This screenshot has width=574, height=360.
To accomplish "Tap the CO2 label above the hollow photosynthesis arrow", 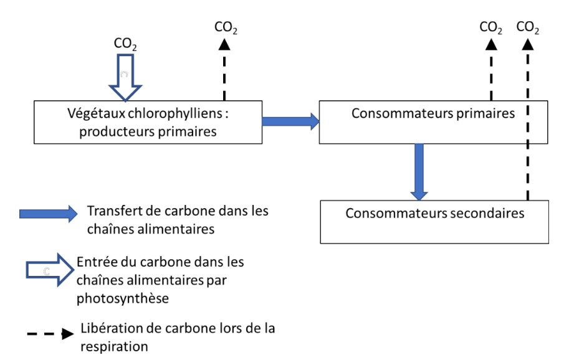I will (125, 44).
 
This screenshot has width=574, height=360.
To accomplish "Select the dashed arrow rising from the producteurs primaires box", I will (224, 72).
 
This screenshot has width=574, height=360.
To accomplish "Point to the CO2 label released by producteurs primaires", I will (226, 28).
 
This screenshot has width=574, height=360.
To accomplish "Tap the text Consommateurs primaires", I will (433, 114).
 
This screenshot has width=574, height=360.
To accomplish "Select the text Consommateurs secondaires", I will (434, 214).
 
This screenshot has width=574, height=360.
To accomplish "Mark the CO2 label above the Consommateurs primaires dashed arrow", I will (491, 28).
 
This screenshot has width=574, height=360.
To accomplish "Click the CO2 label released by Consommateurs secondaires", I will (528, 28).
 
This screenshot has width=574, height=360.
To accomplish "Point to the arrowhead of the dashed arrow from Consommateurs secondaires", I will (528, 45).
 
